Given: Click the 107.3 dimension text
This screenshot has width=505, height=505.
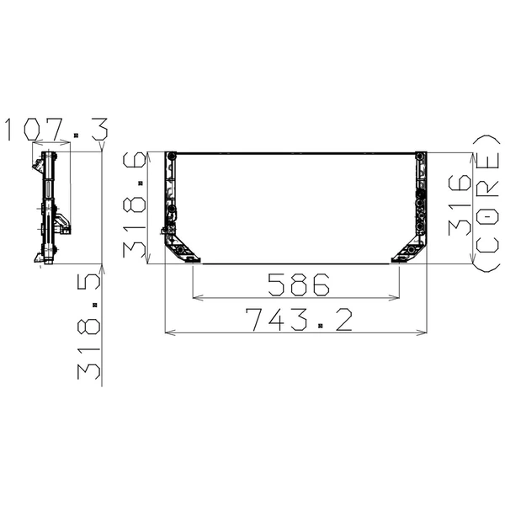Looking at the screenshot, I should point(56,130).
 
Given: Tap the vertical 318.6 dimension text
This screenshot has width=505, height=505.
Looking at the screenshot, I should point(135,207).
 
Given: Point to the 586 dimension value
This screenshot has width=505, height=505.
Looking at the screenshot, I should point(296,285).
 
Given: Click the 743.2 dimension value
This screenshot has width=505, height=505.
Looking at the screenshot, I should point(297,321).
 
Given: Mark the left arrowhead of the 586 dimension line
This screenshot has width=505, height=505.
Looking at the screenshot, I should point(197,297).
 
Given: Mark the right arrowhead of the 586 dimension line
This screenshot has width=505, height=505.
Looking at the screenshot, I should point(396,297).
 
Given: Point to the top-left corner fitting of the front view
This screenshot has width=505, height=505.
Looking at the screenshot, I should point(173,157).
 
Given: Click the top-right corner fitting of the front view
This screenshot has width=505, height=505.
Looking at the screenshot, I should point(423,157).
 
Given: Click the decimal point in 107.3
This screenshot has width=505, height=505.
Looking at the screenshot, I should point(76,135).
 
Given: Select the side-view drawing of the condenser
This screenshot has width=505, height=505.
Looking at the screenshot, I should point(50,207).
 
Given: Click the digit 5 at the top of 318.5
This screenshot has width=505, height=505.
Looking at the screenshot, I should point(89,281).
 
